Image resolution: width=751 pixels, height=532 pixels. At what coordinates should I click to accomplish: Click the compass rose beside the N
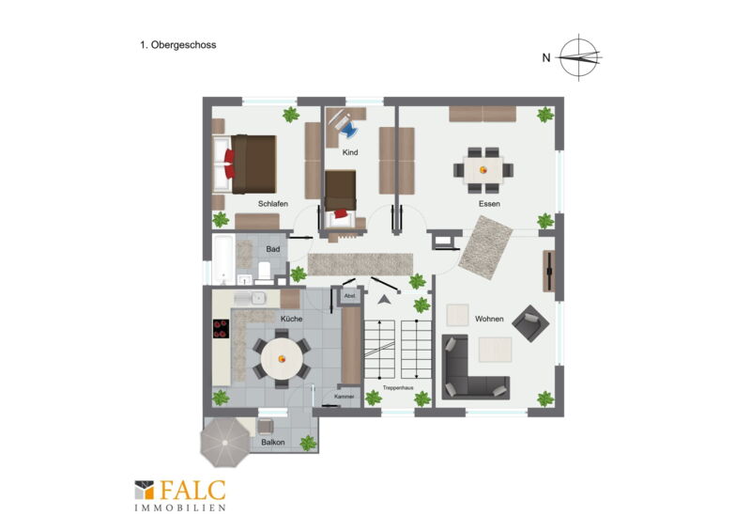point(579,57)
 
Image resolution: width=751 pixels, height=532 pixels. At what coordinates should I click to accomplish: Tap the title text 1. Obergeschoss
point(177,45)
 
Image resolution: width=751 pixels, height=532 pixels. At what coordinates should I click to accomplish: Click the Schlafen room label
point(273,204)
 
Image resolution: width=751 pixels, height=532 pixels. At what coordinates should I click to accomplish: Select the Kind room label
point(350,152)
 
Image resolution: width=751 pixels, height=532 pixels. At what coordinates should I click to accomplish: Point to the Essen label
point(489,204)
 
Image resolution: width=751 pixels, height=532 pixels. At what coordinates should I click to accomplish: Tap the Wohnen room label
point(489,319)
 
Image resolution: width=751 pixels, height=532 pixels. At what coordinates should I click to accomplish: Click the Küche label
point(291,319)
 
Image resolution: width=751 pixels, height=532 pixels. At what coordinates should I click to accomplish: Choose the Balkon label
point(273,443)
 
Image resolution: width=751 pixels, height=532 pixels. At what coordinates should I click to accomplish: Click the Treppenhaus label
point(398,387)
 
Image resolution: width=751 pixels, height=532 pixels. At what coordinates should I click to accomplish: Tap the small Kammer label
point(345,397)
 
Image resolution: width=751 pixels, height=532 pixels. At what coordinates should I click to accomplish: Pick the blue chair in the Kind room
point(349,128)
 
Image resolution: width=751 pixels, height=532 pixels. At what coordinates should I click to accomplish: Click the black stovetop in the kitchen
point(221,329)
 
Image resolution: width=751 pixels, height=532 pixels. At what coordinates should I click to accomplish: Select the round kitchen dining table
point(282,358)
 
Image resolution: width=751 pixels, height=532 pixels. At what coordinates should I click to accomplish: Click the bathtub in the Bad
point(223,259)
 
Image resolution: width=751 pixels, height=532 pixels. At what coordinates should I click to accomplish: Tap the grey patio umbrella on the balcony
point(224,443)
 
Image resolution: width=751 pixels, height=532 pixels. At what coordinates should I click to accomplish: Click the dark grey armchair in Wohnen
point(530,323)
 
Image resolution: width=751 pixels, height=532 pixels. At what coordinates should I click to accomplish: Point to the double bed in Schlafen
point(245,164)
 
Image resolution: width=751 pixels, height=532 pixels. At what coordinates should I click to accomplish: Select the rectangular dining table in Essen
point(483,170)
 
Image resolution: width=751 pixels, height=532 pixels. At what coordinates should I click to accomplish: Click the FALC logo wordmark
point(192,491)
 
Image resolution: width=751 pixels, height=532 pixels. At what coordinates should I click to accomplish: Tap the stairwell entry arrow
point(384,300)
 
